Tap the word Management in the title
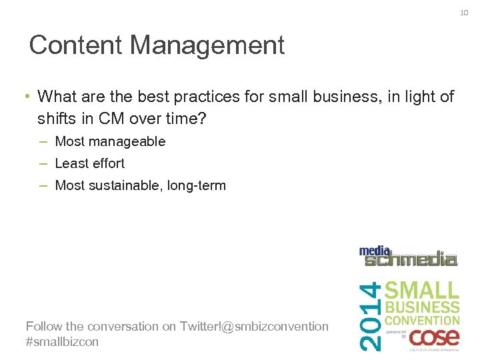coord(207,45)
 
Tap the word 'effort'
coord(108,163)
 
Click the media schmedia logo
coord(408,256)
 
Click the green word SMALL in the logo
coord(422,290)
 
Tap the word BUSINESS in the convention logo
coord(422,307)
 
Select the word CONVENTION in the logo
coord(422,320)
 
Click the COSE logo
coord(433,336)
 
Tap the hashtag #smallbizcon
coord(62,341)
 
